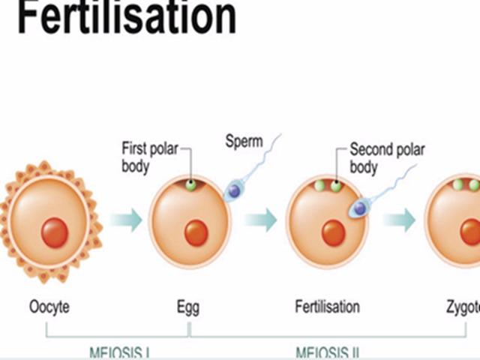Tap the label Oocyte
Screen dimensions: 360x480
coord(54,307)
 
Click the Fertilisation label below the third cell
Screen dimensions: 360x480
coord(327,307)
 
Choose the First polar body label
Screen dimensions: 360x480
coord(150,157)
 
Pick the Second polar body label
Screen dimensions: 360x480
coord(387,157)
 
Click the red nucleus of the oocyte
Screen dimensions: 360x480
coord(54,232)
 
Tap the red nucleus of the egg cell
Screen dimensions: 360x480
coord(196,232)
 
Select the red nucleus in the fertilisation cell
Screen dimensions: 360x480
coord(333,233)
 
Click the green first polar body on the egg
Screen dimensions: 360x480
coord(191,184)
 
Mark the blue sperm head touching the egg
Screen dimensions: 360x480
coord(234,191)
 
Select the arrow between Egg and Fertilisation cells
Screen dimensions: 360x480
coord(260,220)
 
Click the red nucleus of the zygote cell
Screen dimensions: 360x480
coord(472,233)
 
